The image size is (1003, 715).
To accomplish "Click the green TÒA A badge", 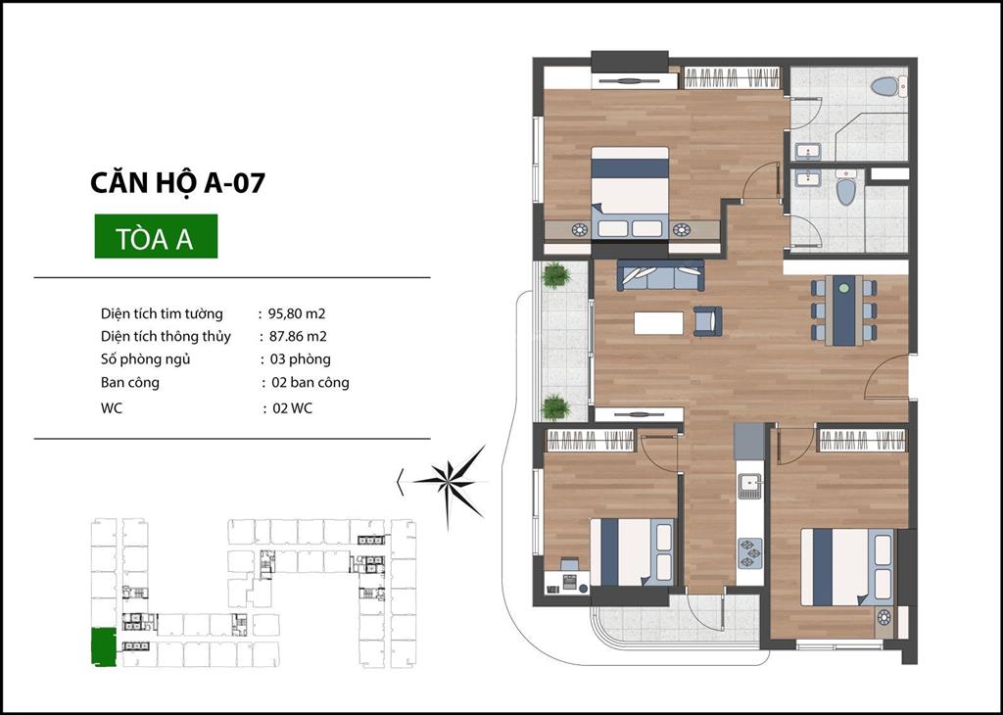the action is (x=156, y=236).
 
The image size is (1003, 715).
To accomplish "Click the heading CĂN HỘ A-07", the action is (x=177, y=183).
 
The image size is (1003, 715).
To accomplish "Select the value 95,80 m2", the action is (x=297, y=313).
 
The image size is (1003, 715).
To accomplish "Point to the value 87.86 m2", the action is (x=298, y=336).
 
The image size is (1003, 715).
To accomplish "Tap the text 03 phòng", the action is (x=300, y=358).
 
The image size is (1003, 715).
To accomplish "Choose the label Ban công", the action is (x=130, y=382).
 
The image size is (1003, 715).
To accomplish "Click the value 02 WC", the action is (x=292, y=408).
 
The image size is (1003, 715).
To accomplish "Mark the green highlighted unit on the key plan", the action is (x=104, y=647).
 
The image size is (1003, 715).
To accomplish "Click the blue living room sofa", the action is (x=660, y=275).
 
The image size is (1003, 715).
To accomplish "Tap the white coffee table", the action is (x=659, y=322).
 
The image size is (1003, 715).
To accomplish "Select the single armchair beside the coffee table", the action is (x=707, y=321).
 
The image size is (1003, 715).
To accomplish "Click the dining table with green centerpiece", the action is (x=844, y=310).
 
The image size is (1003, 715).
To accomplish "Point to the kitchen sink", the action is (x=749, y=485).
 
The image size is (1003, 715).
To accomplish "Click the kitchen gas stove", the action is (x=749, y=553).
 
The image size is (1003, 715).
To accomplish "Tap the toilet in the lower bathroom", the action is (x=845, y=187).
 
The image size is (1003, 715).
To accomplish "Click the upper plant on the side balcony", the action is (x=555, y=275).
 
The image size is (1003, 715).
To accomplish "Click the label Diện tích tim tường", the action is (x=162, y=313).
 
